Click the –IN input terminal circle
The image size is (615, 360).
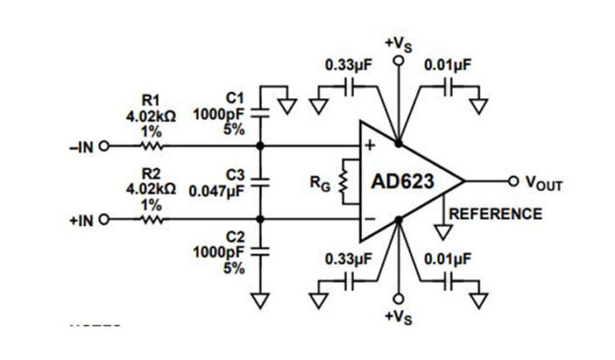104,148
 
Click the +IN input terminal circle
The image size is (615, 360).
104,219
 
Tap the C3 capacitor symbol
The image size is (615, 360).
260,182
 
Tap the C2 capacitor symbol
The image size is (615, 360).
260,253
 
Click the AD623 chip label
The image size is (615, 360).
408,181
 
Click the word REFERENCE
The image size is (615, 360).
495,214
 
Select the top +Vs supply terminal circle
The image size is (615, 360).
399,60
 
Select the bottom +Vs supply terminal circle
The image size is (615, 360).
399,299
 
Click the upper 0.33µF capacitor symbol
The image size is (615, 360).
350,84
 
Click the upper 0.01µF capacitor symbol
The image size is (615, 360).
448,84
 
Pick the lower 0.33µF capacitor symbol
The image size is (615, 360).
350,280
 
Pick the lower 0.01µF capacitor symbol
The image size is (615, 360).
448,280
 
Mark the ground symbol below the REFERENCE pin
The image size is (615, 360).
444,233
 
